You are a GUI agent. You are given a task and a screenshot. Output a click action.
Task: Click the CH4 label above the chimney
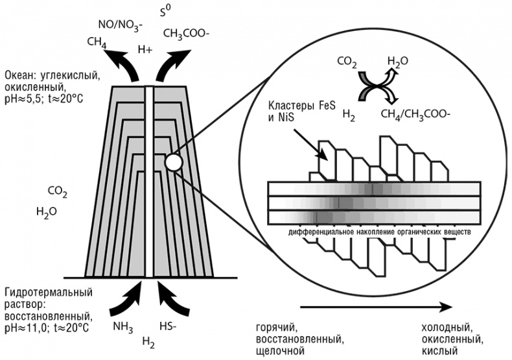click(96, 42)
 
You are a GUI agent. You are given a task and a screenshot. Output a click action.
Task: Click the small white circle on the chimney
click(173, 162)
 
